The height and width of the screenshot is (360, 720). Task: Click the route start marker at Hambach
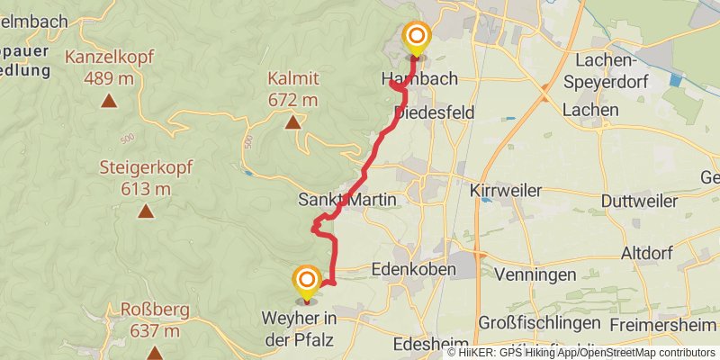(416, 38)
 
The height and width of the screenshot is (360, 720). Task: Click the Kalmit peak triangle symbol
(292, 121)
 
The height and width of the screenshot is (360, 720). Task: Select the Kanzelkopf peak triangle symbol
(109, 100)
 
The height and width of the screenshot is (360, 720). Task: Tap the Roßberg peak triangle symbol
(155, 353)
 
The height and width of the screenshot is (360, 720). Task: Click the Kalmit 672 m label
(293, 88)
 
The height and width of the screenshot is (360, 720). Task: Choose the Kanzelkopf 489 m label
(109, 67)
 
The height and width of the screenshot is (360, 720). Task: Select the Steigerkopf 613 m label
(136, 177)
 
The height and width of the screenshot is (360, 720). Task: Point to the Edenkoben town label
(414, 268)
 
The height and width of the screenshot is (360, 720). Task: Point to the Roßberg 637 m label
(154, 320)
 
